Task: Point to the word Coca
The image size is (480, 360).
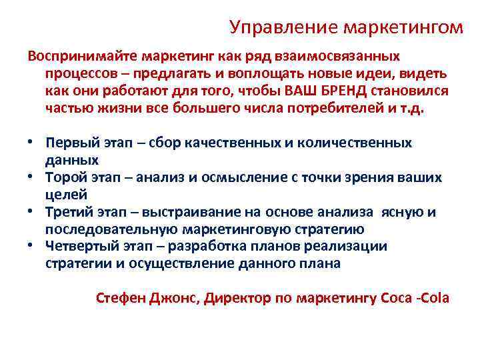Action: coord(395,297)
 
